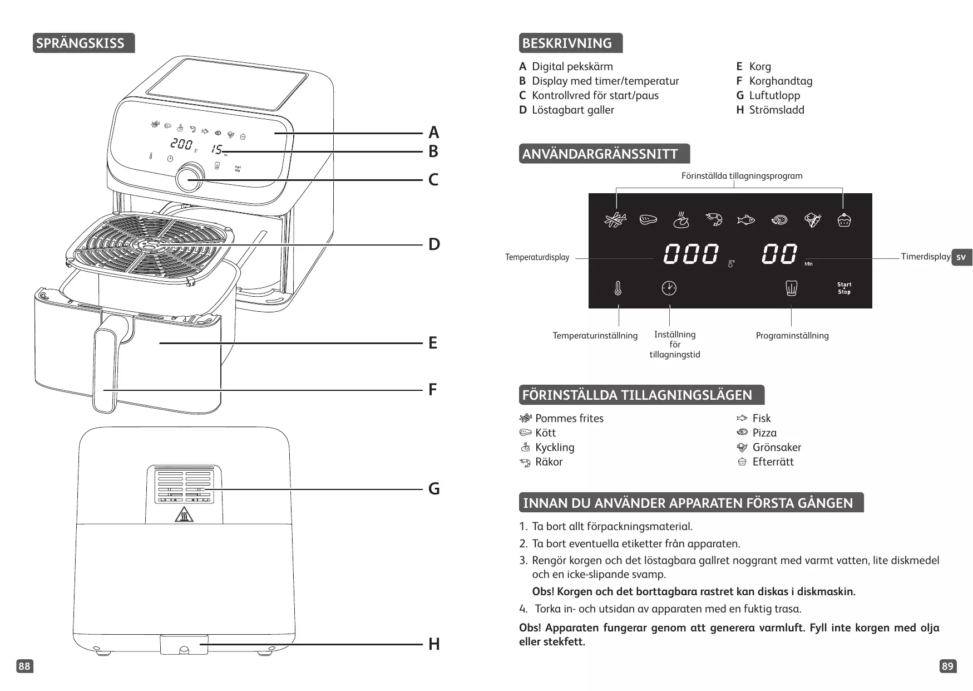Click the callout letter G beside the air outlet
[x=434, y=489]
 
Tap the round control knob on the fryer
[x=190, y=177]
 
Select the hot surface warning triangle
[x=184, y=515]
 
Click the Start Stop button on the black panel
[x=844, y=288]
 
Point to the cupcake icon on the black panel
[x=844, y=220]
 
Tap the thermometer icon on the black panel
[x=618, y=288]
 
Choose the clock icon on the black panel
[x=669, y=288]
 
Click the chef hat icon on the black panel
[x=791, y=288]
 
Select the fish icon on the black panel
[x=745, y=220]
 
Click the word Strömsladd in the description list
[x=776, y=110]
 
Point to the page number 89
[x=947, y=666]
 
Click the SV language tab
[x=961, y=257]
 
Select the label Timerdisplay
[x=925, y=257]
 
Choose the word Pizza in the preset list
[x=764, y=433]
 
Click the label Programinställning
[x=792, y=335]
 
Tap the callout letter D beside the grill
[x=434, y=244]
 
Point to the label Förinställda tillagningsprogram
[x=742, y=176]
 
